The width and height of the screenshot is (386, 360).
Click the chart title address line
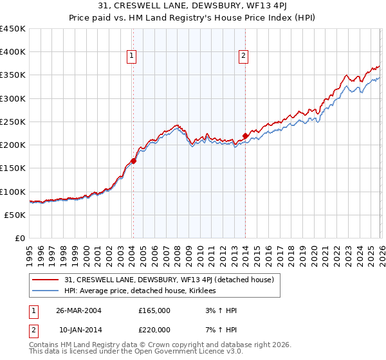pos(193,6)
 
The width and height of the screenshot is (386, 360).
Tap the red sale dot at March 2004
pos(133,161)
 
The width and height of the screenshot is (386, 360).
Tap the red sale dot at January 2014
pos(245,136)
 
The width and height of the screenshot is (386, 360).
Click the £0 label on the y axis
pos(19,238)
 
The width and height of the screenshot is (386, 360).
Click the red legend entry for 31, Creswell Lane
pos(169,280)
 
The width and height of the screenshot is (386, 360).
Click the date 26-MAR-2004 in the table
pos(78,310)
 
